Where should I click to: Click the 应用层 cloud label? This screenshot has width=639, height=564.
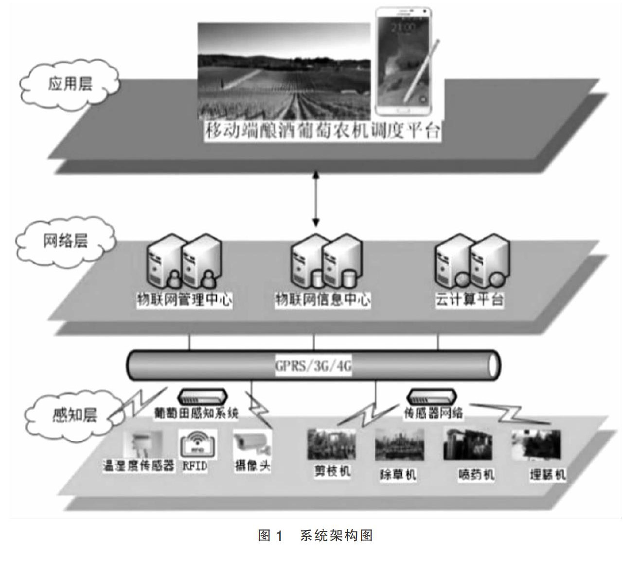tap(70, 84)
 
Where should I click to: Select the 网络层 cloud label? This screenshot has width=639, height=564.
tap(65, 240)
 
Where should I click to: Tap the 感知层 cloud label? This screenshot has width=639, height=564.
tap(74, 415)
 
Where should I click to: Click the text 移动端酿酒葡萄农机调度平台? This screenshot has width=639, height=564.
tap(322, 131)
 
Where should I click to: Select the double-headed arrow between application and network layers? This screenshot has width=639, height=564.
tap(316, 199)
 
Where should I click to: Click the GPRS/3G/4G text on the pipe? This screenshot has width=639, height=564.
tap(313, 365)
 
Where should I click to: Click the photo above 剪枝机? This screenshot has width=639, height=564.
tap(332, 444)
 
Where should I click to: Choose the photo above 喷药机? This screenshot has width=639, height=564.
tap(467, 444)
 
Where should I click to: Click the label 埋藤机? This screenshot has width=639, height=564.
tap(548, 474)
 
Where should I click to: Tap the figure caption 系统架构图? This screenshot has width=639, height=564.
tap(336, 536)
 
